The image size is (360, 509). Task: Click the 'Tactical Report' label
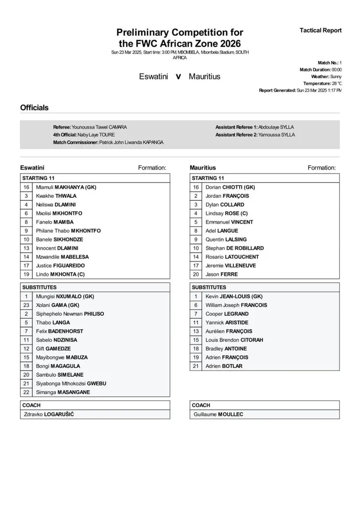(320, 30)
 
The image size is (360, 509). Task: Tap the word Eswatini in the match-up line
(155, 77)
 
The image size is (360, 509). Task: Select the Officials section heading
(34, 107)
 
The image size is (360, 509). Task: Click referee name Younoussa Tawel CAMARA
(99, 127)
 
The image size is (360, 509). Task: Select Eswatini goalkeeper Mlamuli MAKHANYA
(66, 187)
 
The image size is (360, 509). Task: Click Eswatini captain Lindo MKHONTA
(60, 274)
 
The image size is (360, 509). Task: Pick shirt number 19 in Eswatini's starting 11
(26, 274)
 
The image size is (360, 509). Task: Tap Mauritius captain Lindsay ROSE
(227, 213)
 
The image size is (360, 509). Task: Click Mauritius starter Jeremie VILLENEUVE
(230, 265)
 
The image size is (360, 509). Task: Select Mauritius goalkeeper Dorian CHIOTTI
(230, 187)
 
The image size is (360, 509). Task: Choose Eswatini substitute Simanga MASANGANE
(63, 392)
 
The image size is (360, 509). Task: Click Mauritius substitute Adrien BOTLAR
(224, 366)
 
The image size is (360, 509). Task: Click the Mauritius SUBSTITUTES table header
(209, 287)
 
